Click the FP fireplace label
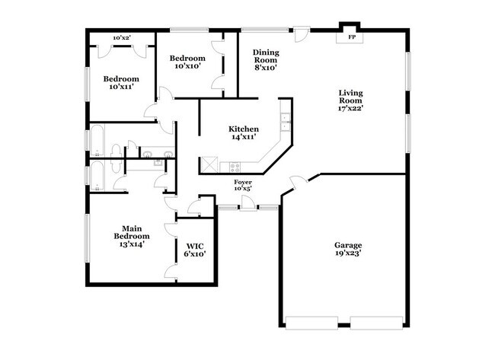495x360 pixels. click(351, 37)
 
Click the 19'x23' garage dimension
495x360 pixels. click(348, 254)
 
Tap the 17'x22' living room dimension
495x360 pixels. click(351, 108)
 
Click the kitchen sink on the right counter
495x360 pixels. click(285, 119)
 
